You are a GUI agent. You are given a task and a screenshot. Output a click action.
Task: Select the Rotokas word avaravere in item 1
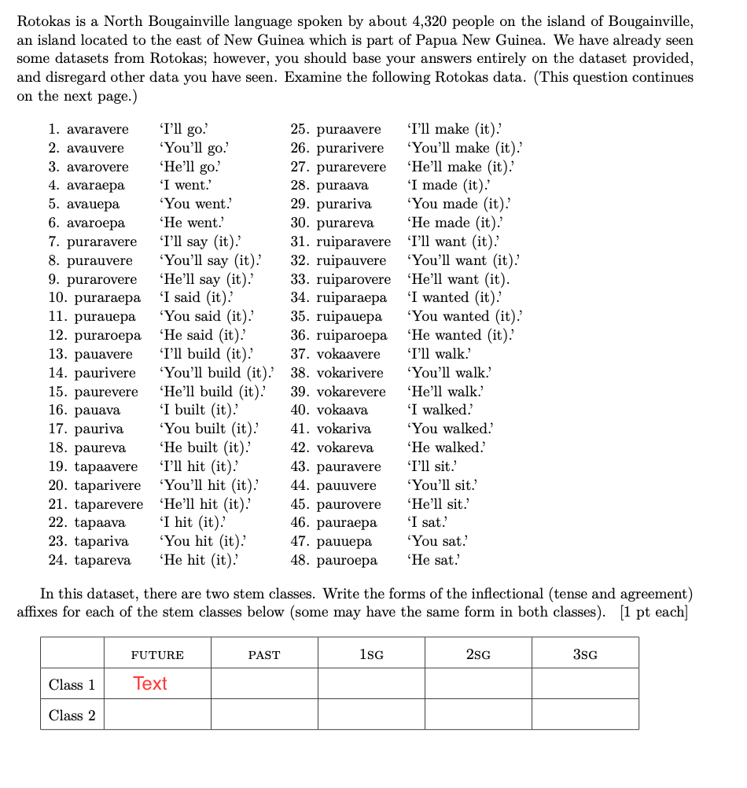[98, 129]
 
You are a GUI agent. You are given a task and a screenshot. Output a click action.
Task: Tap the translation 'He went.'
[191, 223]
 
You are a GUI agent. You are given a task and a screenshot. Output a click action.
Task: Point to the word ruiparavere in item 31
[353, 241]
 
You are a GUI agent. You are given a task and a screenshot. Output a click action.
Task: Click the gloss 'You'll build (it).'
[216, 373]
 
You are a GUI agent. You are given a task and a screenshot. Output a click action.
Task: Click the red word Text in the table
[150, 683]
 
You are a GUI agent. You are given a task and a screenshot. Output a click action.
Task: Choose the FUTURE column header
[157, 654]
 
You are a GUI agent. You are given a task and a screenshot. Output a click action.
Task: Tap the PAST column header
[264, 654]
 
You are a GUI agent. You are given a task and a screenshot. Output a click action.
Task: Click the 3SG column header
[584, 654]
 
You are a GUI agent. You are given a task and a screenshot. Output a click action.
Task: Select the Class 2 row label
[72, 715]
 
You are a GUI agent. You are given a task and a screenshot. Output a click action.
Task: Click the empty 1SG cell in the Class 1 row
[371, 683]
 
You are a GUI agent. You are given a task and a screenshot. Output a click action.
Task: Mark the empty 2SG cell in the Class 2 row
[478, 715]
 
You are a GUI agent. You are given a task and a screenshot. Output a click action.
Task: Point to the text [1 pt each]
[653, 613]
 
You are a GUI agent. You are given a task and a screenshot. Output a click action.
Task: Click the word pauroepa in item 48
[347, 560]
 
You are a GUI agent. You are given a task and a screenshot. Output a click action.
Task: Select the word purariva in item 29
[344, 204]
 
